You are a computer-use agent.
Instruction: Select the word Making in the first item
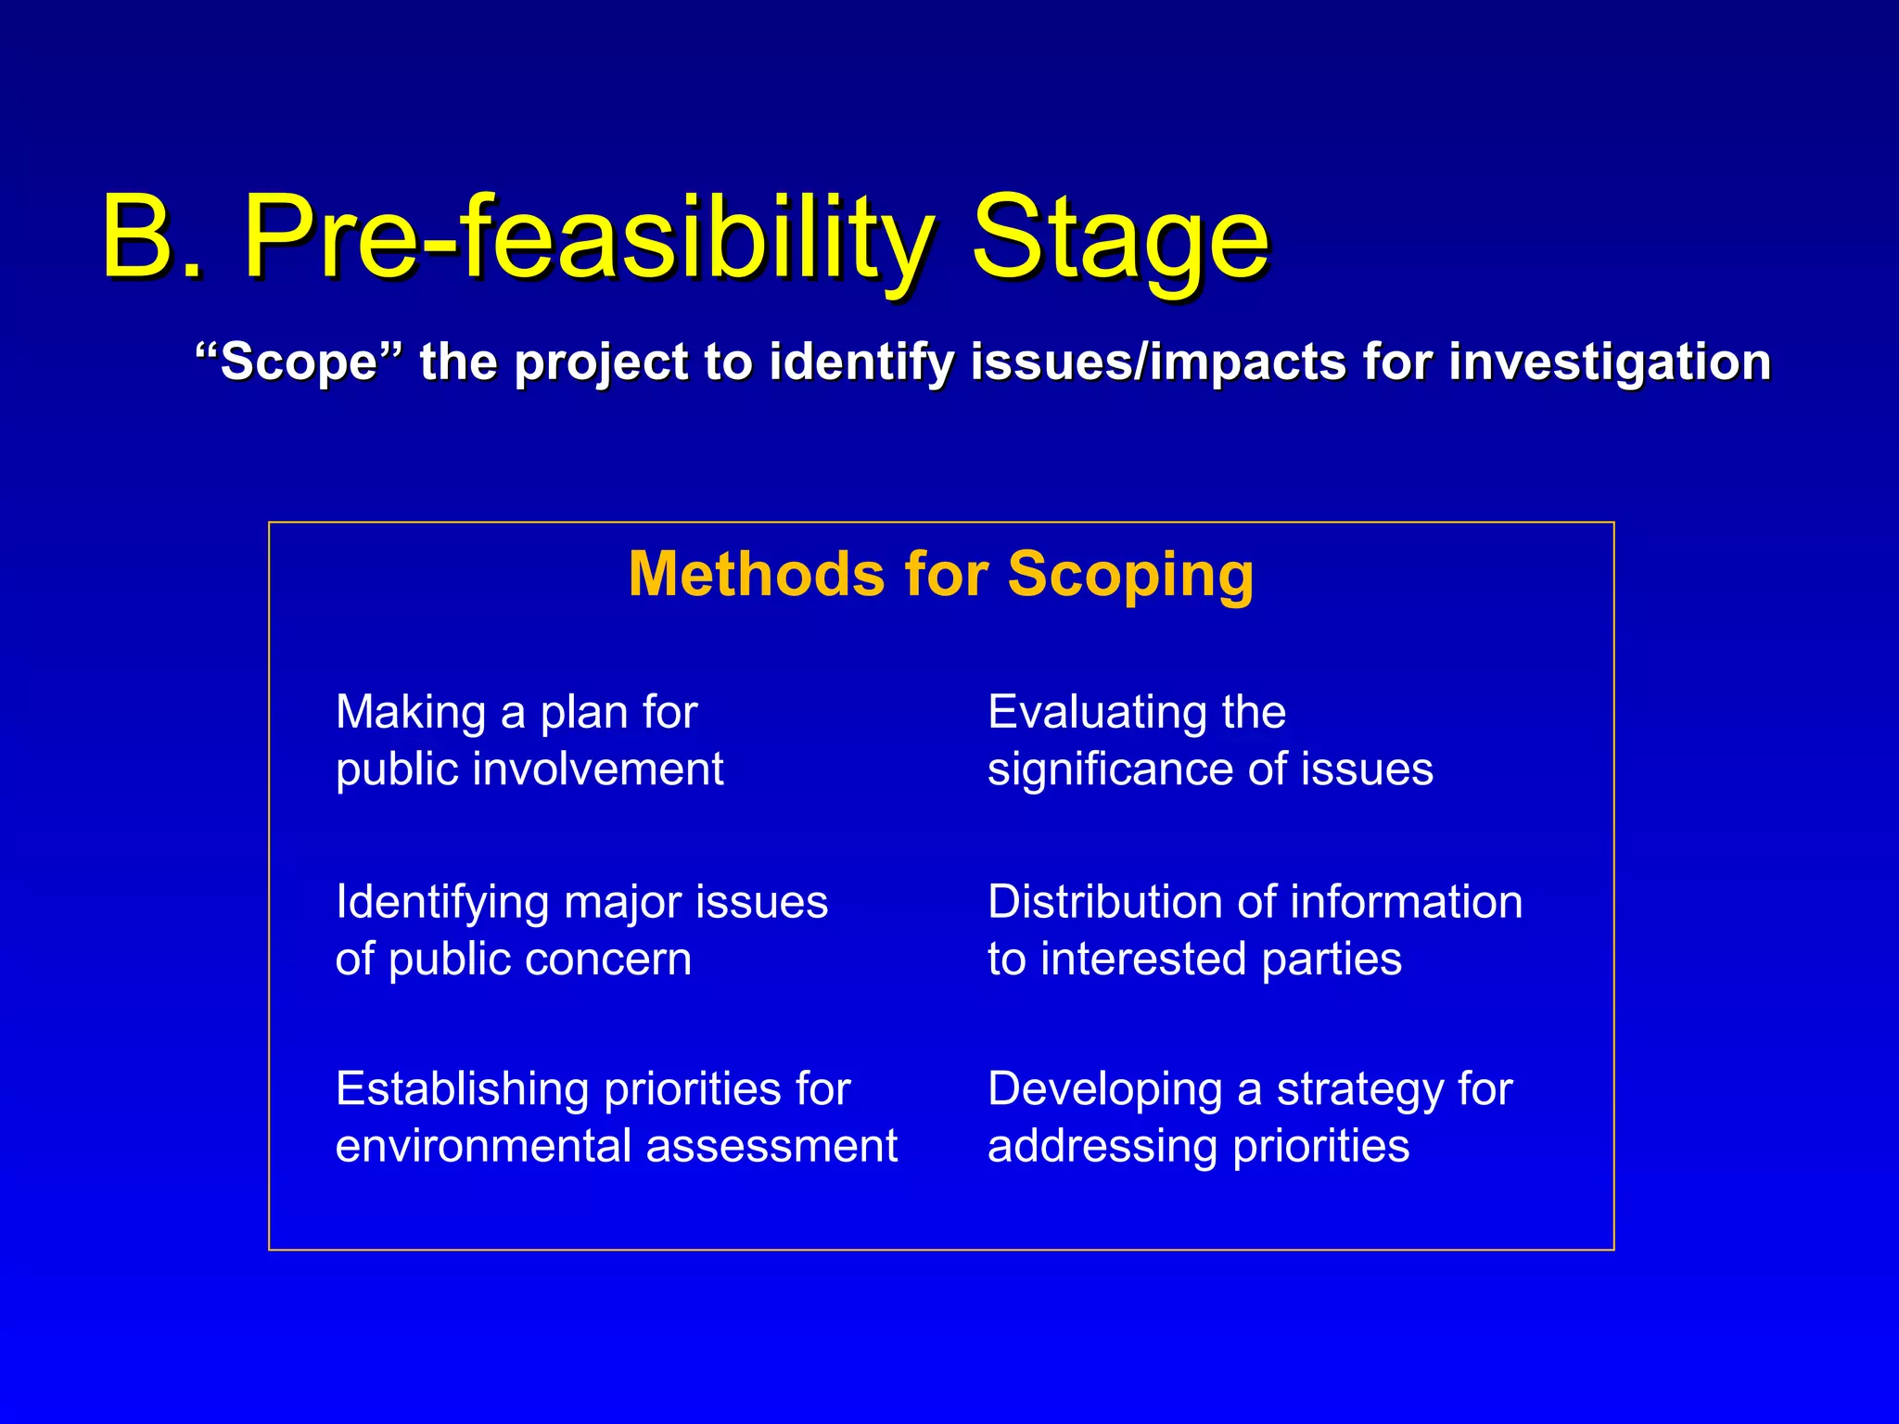(x=411, y=713)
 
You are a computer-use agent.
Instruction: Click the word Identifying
(x=442, y=903)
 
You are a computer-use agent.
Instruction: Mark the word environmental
(x=483, y=1146)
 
